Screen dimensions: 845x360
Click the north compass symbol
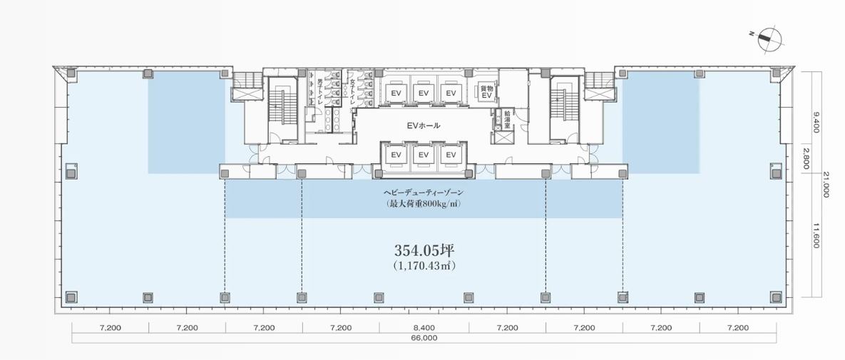(x=769, y=38)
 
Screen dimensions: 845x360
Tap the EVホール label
(x=423, y=125)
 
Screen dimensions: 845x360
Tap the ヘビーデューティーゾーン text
(x=423, y=192)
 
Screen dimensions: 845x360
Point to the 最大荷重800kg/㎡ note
(x=423, y=205)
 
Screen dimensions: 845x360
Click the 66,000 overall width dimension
(x=424, y=339)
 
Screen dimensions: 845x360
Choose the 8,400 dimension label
(x=424, y=327)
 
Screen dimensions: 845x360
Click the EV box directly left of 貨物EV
(x=451, y=93)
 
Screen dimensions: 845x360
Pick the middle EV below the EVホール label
(x=424, y=155)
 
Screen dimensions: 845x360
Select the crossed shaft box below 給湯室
(x=504, y=137)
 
